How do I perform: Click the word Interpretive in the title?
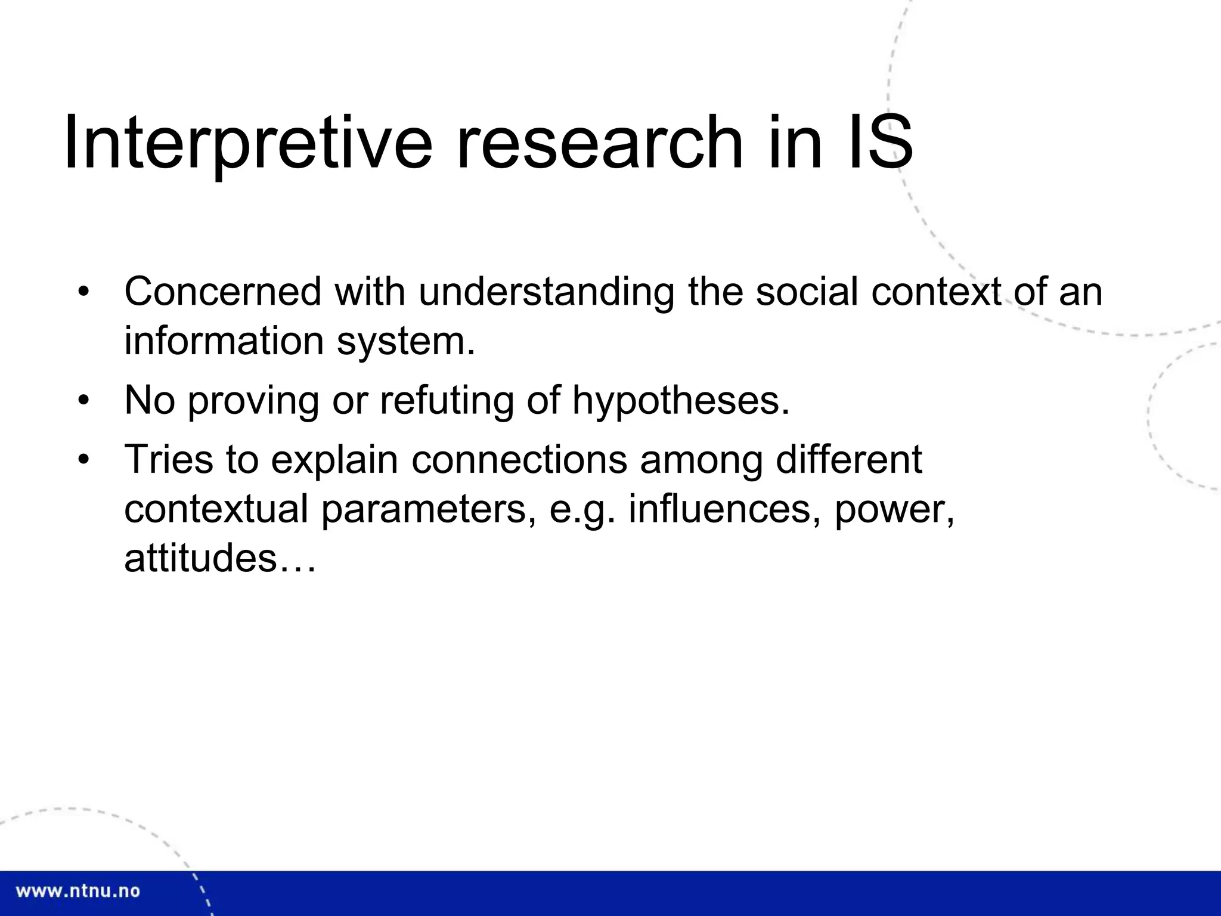pyautogui.click(x=247, y=143)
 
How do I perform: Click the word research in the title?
pyautogui.click(x=600, y=143)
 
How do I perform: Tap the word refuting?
pyautogui.click(x=447, y=401)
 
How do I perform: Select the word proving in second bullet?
pyautogui.click(x=254, y=401)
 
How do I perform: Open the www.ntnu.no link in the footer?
pyautogui.click(x=78, y=892)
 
